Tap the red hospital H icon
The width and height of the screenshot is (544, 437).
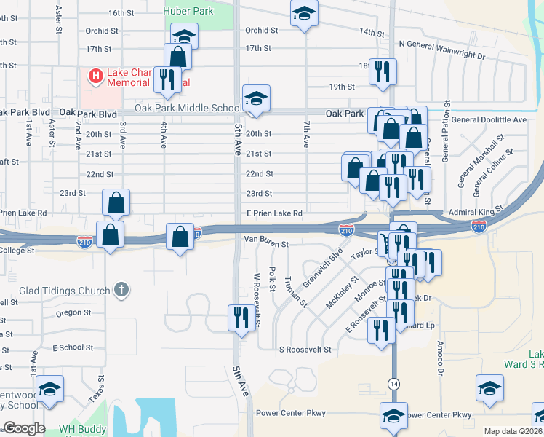tap(95, 75)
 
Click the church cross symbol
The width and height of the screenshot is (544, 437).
tap(121, 291)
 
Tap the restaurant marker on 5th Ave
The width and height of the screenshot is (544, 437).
tap(241, 317)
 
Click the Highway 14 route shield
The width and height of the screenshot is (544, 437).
tap(393, 383)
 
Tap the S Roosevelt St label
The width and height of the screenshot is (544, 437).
tap(305, 350)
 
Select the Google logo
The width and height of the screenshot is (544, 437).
tap(24, 428)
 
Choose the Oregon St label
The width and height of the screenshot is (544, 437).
tap(73, 312)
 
